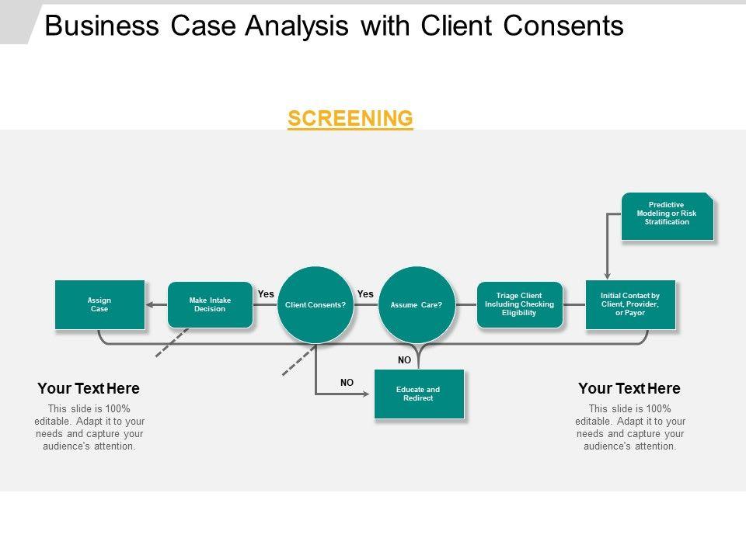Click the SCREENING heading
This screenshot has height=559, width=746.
[x=350, y=118]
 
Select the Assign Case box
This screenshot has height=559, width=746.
[x=99, y=304]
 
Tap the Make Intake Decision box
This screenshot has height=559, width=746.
[x=210, y=304]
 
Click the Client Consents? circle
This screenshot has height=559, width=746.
[x=315, y=304]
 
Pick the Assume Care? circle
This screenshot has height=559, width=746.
[x=417, y=304]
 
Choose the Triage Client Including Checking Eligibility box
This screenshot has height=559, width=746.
[x=520, y=304]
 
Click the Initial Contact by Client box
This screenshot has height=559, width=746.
[x=630, y=304]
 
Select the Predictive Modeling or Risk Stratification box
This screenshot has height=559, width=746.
[x=667, y=215]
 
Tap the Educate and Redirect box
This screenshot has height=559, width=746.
[x=419, y=394]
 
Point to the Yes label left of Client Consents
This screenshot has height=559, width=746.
[x=266, y=294]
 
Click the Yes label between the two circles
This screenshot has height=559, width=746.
[x=365, y=294]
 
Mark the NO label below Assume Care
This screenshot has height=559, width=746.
[x=404, y=360]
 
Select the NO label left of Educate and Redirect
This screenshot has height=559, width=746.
[x=347, y=383]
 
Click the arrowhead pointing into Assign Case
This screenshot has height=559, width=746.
[x=152, y=304]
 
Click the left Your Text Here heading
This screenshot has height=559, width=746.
[x=89, y=388]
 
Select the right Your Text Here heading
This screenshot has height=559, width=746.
[x=629, y=388]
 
